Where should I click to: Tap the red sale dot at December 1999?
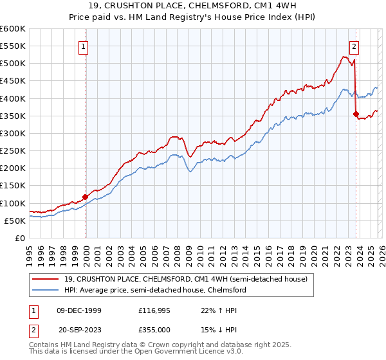coord(85,197)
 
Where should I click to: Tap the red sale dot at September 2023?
coord(356,114)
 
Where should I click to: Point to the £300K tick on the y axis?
coord(14,133)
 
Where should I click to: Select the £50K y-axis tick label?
coord(15,221)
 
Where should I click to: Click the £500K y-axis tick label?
coord(14,64)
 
